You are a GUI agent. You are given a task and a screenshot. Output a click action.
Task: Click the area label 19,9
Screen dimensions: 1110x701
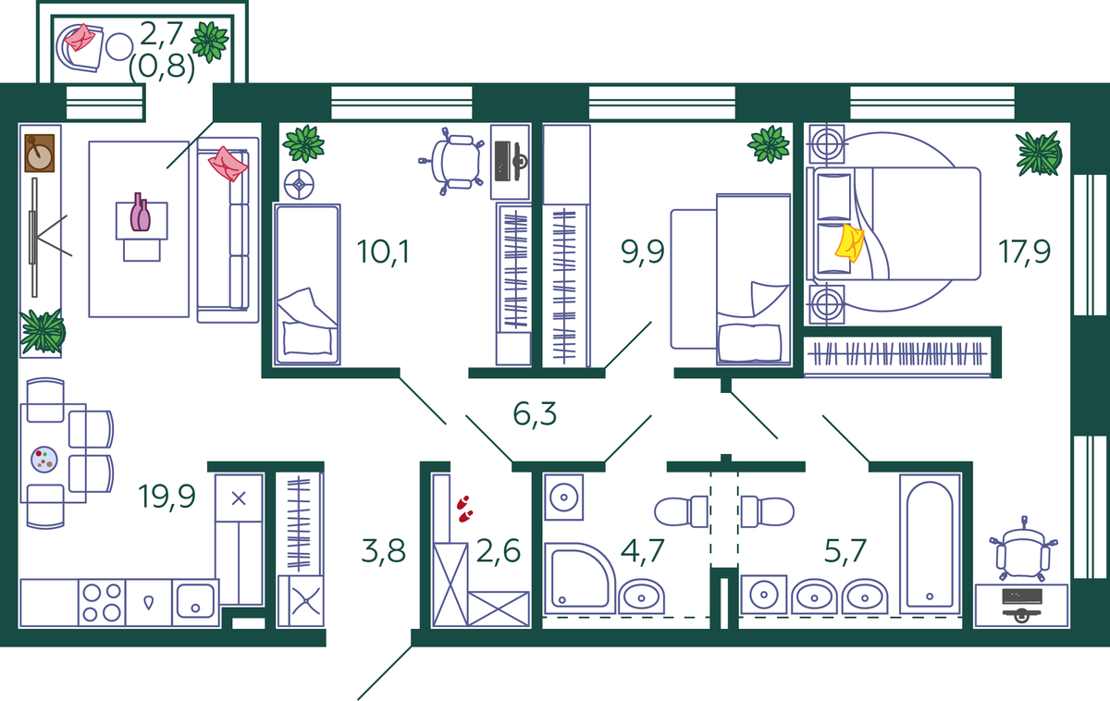coord(167,497)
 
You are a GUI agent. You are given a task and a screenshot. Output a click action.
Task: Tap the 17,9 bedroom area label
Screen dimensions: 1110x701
coord(1024,252)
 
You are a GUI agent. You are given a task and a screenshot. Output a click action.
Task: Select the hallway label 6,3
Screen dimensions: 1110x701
coord(535,413)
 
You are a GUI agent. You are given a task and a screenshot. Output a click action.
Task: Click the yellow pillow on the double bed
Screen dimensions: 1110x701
coord(849,242)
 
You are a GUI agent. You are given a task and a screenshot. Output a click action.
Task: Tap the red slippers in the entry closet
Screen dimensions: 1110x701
coord(464,509)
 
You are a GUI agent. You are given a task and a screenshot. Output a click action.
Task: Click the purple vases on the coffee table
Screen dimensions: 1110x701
coord(141,212)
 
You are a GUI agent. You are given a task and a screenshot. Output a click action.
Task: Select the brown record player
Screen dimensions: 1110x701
coord(39,154)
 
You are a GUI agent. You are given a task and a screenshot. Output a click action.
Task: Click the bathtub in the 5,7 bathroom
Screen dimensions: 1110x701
coord(930,544)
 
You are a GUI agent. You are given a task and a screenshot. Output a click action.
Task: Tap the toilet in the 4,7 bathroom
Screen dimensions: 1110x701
coord(681,511)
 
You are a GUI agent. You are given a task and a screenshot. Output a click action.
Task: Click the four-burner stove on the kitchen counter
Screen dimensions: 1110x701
coord(102,602)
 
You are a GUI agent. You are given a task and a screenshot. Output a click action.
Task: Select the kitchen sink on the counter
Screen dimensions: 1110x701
coord(195,601)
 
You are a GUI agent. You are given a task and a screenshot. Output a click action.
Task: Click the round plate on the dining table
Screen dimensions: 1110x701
coord(44,460)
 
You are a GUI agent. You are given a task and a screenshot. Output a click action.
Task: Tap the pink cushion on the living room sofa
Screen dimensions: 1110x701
coord(228,164)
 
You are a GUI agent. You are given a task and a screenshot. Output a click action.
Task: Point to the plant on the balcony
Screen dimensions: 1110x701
coord(210,42)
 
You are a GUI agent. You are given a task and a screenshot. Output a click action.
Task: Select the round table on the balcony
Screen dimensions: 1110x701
coord(119,47)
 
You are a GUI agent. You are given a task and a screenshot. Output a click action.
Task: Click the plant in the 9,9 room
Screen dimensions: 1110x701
coord(769,144)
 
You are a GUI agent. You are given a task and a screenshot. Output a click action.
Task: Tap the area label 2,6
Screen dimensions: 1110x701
coord(498,551)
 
